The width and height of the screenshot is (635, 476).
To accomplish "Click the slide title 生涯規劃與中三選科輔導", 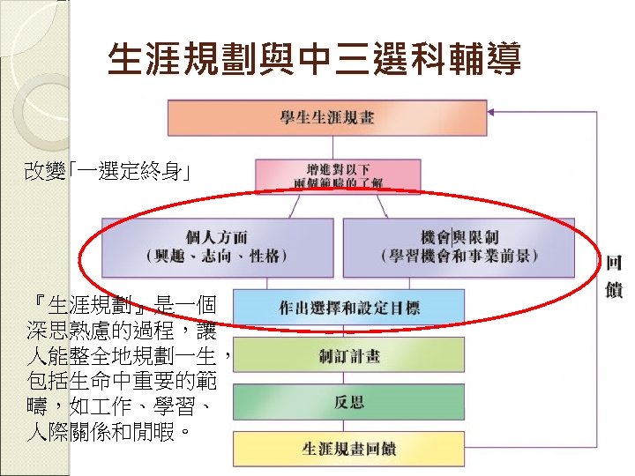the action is (314, 60).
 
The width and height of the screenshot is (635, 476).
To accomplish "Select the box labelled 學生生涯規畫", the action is (326, 118).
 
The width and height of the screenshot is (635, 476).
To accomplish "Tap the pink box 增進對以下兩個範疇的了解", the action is (325, 175).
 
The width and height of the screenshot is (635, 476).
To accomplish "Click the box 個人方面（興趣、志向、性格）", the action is (217, 247).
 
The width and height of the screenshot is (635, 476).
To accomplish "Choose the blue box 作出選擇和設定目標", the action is (348, 308).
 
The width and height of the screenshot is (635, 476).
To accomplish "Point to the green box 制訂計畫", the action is (348, 356).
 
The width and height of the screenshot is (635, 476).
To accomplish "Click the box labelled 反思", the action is (348, 402).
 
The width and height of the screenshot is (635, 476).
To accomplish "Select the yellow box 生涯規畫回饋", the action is (348, 448).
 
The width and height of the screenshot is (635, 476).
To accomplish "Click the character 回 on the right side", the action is (614, 264).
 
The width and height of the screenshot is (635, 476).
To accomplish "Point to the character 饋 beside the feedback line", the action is (614, 288).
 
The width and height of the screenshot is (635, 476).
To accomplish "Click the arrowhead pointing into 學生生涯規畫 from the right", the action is (496, 112).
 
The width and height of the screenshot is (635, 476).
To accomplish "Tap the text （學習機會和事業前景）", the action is (459, 257).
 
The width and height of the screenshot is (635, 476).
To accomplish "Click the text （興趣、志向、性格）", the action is (217, 257).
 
